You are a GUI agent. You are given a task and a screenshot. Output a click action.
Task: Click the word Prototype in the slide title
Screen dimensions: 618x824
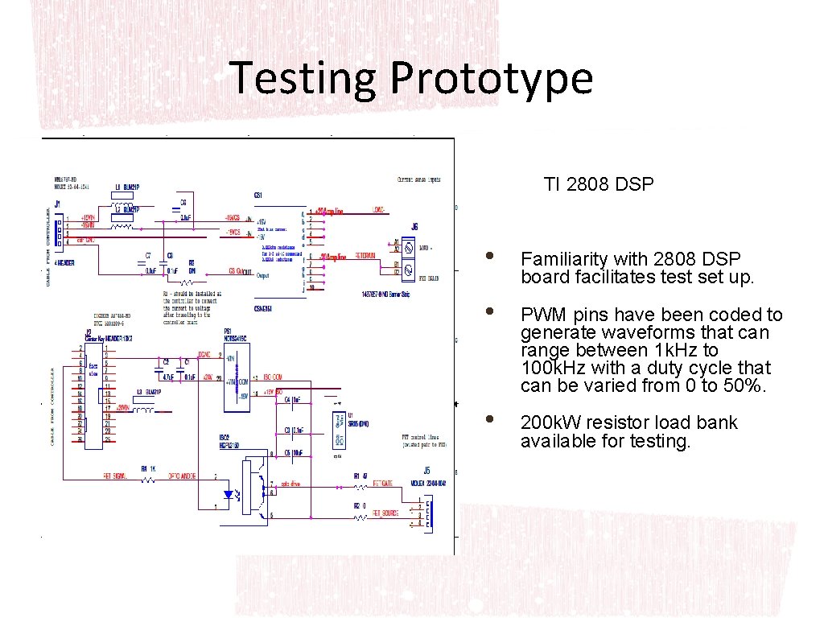click(492, 79)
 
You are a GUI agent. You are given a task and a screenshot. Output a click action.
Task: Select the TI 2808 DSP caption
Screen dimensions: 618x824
click(599, 184)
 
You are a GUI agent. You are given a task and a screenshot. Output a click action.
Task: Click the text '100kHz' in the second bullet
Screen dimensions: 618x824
click(548, 368)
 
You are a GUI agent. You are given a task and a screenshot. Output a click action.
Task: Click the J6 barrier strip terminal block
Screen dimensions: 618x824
click(408, 257)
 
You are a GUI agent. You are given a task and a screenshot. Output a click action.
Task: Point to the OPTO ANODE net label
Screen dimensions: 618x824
click(184, 476)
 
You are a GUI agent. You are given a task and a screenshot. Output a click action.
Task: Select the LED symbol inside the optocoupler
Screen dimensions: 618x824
click(229, 493)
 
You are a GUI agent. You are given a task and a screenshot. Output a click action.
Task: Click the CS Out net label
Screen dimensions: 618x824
click(239, 272)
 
